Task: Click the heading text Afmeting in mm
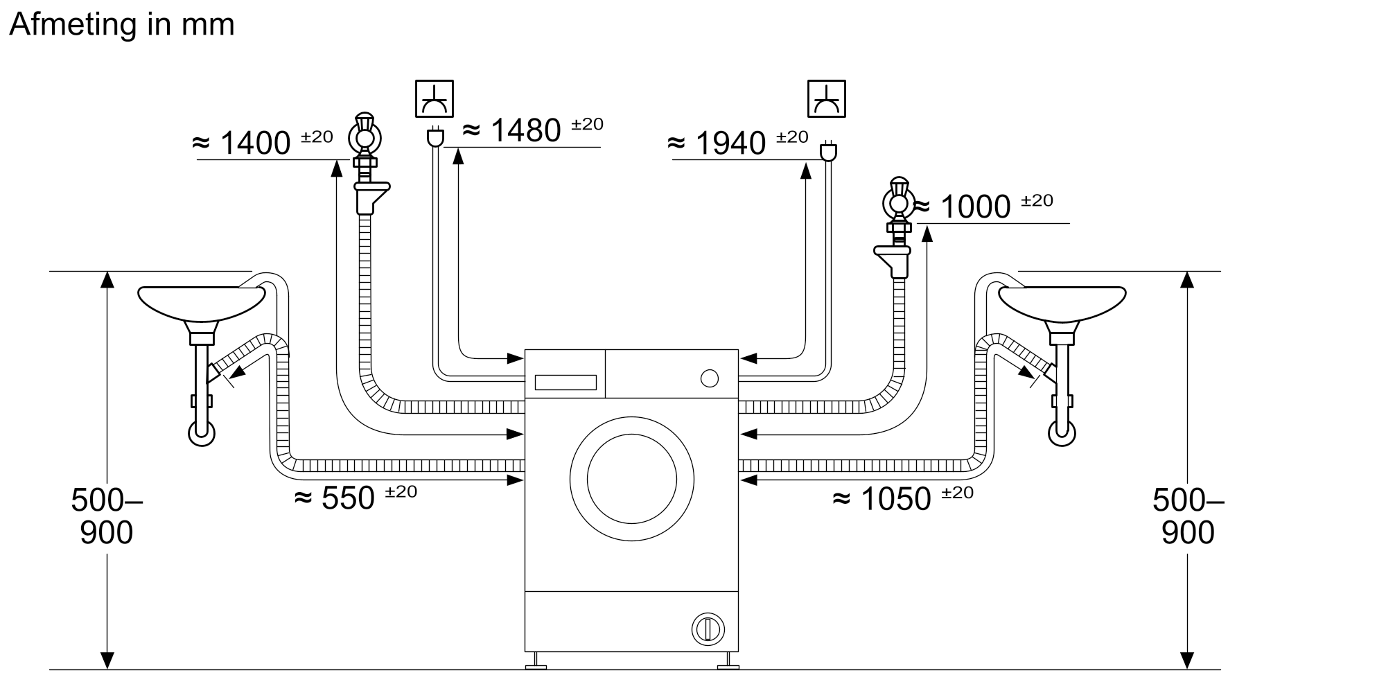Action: point(122,25)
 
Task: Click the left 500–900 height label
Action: point(106,516)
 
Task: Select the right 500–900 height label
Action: point(1188,516)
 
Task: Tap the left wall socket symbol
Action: point(435,98)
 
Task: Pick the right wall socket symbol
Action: point(826,98)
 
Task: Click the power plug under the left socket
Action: point(435,137)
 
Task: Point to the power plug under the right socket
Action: point(827,151)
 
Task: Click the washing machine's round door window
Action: point(631,479)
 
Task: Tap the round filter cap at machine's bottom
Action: point(708,629)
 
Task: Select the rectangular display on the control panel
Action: point(565,383)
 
